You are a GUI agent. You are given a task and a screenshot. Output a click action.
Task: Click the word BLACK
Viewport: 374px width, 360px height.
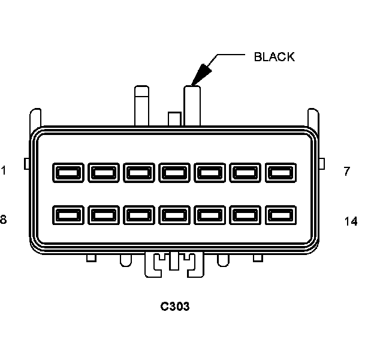pos(275,57)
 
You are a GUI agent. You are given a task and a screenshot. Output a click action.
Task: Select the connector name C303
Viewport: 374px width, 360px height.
pos(175,307)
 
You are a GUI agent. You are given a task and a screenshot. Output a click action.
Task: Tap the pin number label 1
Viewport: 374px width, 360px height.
pos(4,171)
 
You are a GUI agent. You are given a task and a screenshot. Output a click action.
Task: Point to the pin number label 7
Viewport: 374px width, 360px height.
pos(347,172)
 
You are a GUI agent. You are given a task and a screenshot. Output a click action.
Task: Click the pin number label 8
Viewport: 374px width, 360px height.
pos(4,220)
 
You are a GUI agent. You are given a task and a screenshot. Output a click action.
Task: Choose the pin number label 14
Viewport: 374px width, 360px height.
pos(351,221)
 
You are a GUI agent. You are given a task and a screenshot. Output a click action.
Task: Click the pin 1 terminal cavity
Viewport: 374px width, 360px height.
pos(67,173)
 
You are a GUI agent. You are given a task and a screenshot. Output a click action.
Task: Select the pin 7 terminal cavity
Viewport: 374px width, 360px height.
pos(279,173)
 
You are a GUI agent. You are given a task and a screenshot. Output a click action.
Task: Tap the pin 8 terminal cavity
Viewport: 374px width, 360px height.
pos(67,215)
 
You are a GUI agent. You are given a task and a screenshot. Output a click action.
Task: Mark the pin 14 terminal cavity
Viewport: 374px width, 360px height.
pos(279,215)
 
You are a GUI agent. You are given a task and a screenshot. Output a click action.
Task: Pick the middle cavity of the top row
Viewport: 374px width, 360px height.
pos(173,173)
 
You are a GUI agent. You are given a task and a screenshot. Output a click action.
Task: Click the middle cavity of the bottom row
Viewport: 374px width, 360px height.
pos(173,215)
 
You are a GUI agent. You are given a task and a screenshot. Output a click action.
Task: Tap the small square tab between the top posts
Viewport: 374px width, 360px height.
pos(174,119)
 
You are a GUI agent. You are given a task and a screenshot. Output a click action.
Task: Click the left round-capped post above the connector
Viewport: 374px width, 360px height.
pos(141,106)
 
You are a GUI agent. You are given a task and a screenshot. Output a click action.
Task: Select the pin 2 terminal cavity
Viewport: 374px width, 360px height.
pos(102,173)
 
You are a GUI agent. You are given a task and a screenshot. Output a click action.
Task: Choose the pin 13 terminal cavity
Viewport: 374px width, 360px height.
pos(244,215)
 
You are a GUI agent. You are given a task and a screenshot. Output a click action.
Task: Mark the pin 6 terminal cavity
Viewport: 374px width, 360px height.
pos(244,173)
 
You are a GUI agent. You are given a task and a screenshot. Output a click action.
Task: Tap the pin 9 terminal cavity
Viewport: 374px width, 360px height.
pos(102,215)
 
